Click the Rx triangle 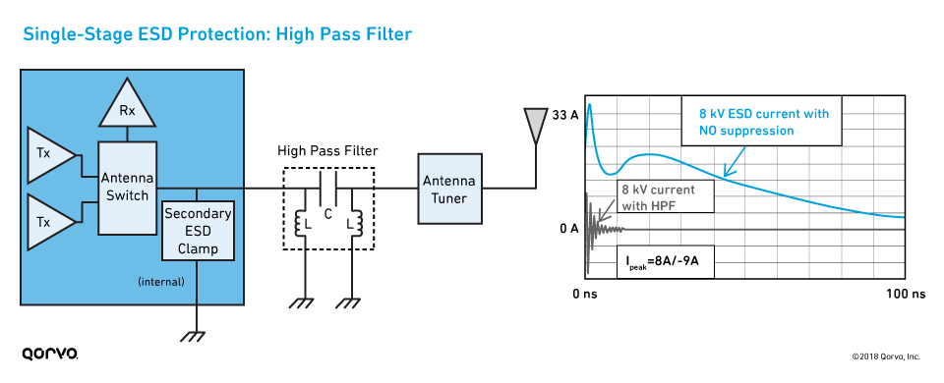(x=127, y=111)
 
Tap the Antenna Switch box (x=127, y=187)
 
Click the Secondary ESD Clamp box (x=198, y=230)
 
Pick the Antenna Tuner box (x=448, y=189)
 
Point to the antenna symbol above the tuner (x=534, y=123)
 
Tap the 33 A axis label (x=565, y=115)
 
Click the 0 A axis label (x=567, y=229)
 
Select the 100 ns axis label (x=906, y=294)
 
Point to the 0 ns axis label (x=585, y=294)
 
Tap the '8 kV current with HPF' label (x=656, y=196)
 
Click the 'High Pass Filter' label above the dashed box (x=327, y=150)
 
